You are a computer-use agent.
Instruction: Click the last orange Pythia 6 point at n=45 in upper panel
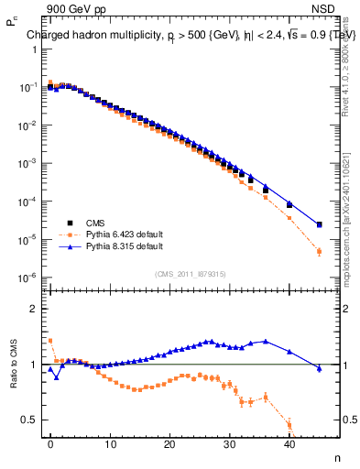(x=319, y=251)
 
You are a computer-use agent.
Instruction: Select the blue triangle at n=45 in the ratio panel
(x=319, y=368)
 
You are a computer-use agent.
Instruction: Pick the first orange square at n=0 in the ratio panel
(x=50, y=341)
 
